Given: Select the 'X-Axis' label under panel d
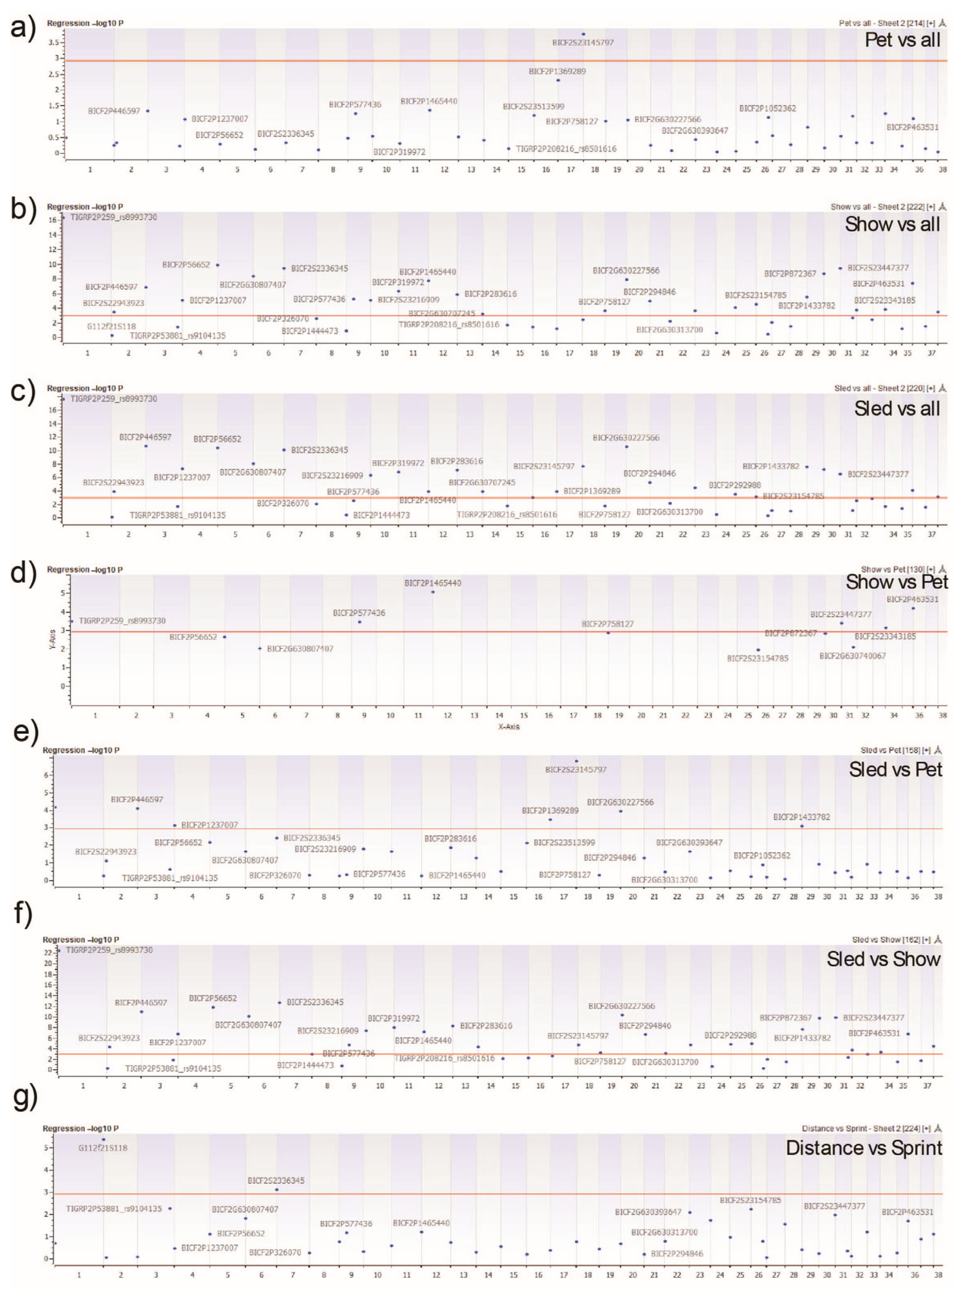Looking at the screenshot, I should click(509, 726).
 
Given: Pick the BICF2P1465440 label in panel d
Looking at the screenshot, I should click(432, 583).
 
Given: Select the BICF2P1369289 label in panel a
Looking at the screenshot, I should click(557, 72).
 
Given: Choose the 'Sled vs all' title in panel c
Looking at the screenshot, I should click(897, 409).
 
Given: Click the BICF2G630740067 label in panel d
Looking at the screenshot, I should click(852, 656).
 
